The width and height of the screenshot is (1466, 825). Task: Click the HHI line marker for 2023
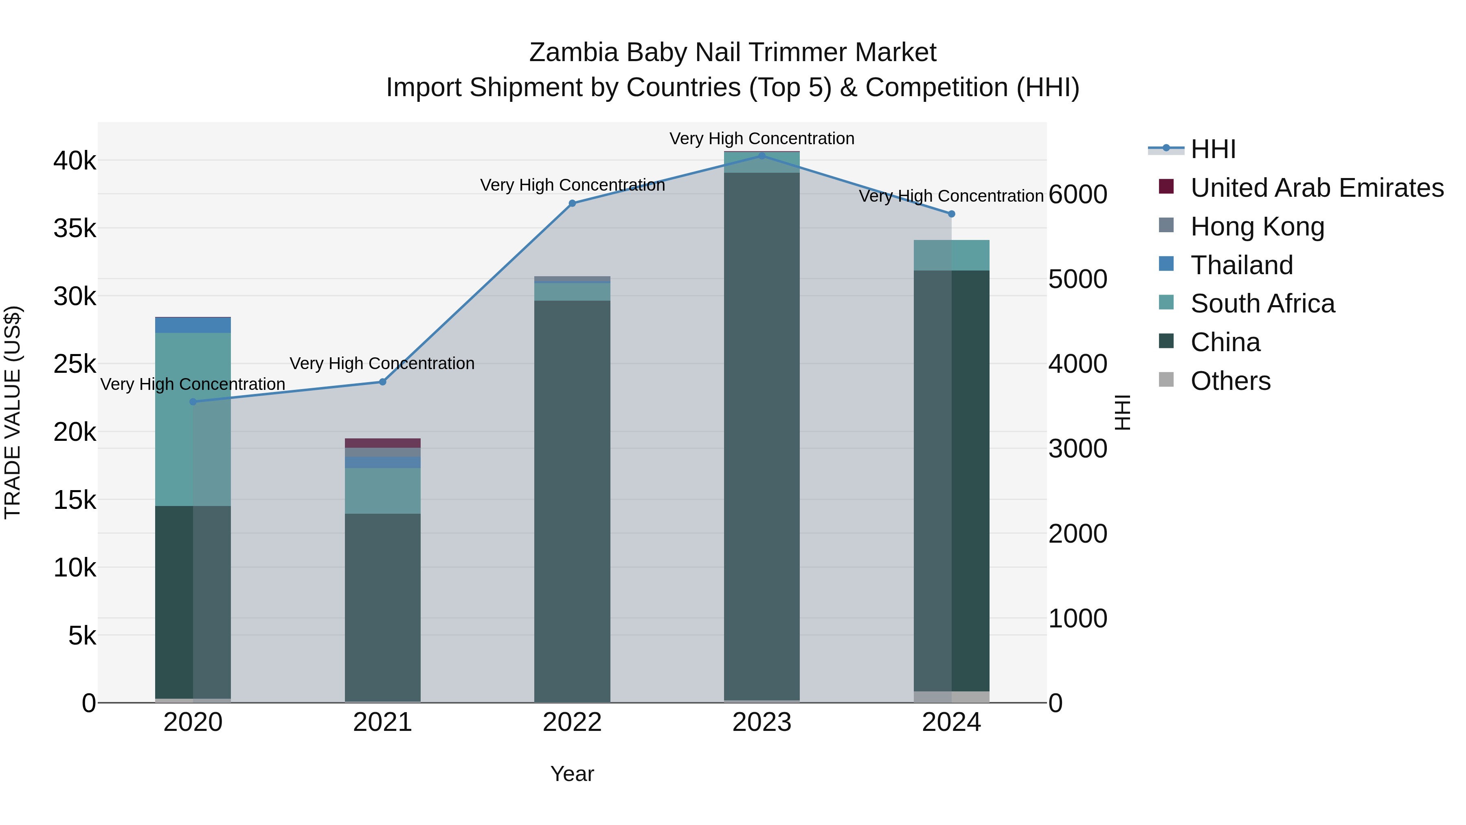tap(762, 156)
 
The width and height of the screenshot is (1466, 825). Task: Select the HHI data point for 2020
tap(193, 402)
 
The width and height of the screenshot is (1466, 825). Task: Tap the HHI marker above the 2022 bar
tap(573, 203)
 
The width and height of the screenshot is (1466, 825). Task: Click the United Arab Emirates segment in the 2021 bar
tap(382, 443)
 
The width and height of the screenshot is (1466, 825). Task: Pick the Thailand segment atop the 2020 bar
tap(193, 325)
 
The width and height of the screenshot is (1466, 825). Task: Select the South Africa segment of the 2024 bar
tap(952, 255)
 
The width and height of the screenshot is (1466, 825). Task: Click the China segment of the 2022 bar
tap(572, 501)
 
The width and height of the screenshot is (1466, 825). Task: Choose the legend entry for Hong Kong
tap(1257, 227)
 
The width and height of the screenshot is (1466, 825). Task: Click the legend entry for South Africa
tap(1262, 304)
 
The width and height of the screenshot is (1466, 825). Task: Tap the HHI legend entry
tap(1212, 149)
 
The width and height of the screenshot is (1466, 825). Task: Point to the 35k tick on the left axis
tap(75, 229)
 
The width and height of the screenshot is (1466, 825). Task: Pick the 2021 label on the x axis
tap(382, 722)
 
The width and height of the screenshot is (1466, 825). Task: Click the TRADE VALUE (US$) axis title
tap(13, 412)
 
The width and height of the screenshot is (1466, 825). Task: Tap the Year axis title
tap(572, 774)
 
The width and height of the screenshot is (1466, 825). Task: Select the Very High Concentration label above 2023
tap(762, 139)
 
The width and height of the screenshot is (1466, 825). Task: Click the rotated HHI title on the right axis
tap(1122, 412)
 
